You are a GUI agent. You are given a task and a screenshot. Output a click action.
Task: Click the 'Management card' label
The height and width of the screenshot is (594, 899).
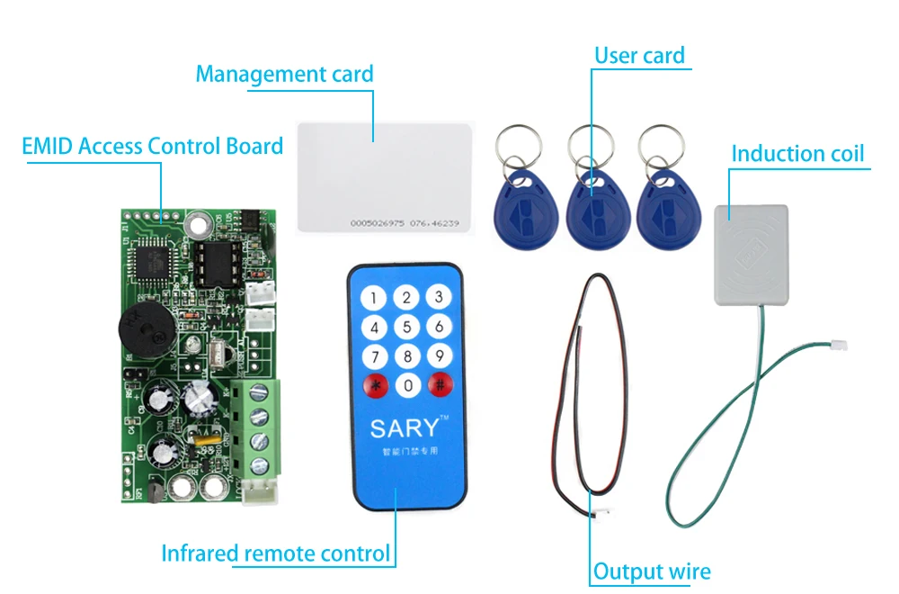tap(284, 74)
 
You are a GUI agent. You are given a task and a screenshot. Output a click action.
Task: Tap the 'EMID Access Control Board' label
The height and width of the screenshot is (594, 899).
tap(153, 146)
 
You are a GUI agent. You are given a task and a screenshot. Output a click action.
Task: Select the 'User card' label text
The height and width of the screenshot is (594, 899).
tap(639, 56)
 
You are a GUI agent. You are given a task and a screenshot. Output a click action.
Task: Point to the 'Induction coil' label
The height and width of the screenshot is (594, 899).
tap(797, 153)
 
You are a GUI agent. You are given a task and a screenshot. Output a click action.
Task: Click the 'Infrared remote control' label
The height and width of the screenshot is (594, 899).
tap(276, 553)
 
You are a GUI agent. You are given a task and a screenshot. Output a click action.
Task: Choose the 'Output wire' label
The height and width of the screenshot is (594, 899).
tap(652, 571)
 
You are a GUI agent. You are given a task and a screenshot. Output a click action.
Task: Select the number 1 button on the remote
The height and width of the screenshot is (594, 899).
tap(376, 298)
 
